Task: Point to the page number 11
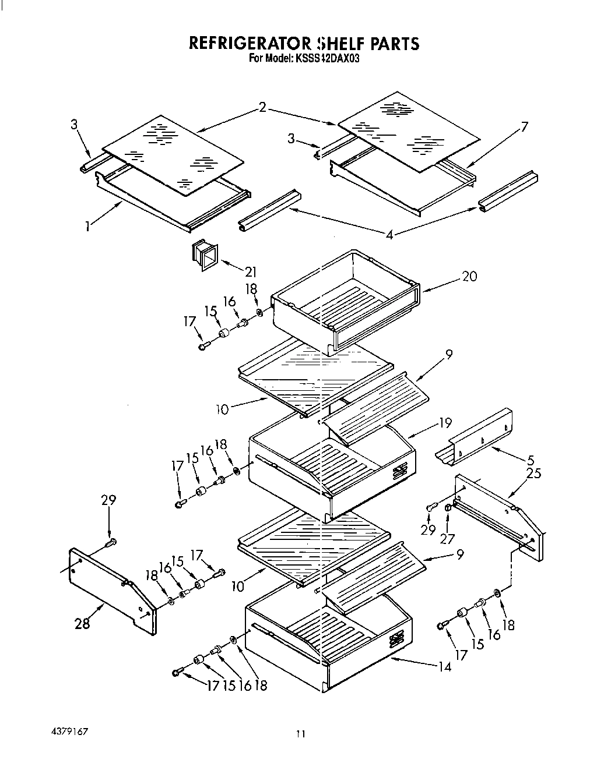300,734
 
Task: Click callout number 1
87,227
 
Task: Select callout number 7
524,127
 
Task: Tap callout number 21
251,272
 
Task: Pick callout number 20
469,277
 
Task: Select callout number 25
533,474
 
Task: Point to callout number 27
447,539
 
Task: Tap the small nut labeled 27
448,508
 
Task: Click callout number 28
82,623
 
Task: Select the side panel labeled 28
111,588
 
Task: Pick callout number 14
445,667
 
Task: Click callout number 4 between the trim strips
389,235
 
